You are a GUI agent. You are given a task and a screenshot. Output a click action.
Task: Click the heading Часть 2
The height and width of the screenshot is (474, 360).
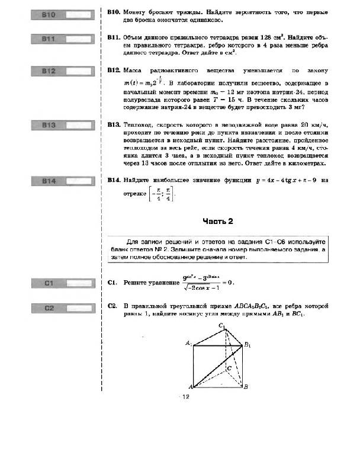[218, 222]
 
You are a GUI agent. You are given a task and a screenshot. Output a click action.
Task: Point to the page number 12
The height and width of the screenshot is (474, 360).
[184, 397]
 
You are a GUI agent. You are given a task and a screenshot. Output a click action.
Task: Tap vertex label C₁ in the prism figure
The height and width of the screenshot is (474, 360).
[222, 326]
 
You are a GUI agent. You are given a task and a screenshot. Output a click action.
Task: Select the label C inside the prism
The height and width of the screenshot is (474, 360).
[229, 368]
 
